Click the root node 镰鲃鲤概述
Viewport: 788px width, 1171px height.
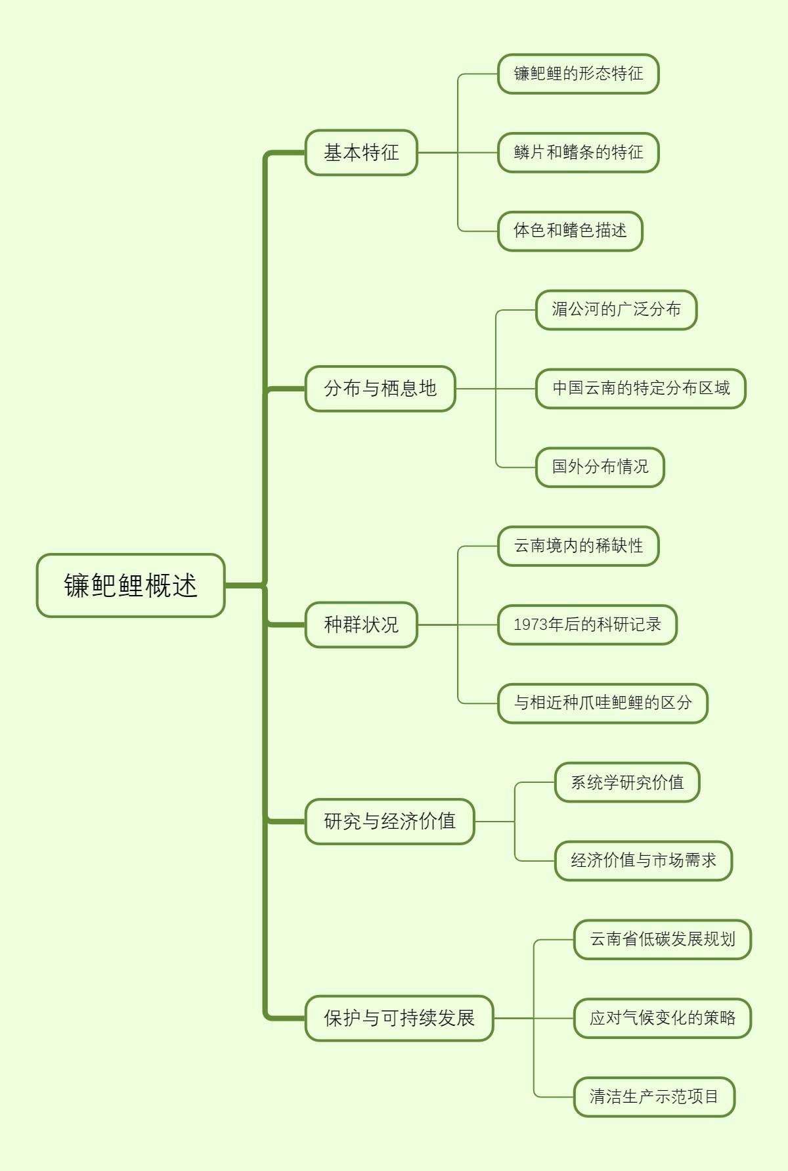[131, 585]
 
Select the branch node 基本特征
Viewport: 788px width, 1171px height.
[361, 152]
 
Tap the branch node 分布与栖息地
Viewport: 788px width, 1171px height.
[380, 388]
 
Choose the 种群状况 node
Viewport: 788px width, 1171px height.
[361, 625]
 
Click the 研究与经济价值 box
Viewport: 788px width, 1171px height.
[389, 821]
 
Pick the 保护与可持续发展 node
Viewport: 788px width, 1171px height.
[399, 1018]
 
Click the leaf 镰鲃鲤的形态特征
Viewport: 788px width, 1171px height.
[578, 74]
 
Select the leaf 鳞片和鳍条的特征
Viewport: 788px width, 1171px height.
[578, 152]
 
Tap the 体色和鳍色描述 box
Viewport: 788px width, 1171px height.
[570, 231]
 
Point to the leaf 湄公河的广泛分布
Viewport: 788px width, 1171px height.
[616, 309]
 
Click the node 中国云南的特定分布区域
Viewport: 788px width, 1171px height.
[641, 388]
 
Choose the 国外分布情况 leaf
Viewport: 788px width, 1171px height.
[600, 467]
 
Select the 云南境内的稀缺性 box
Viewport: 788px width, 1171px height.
[578, 546]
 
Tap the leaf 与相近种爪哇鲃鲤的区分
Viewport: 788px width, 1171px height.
[603, 703]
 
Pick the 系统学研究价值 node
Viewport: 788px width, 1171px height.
[627, 782]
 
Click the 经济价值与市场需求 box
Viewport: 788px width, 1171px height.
[643, 860]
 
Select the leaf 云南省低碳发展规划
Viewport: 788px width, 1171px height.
[662, 939]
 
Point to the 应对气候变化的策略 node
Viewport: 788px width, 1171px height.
[662, 1018]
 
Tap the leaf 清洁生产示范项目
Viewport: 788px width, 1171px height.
[654, 1096]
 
